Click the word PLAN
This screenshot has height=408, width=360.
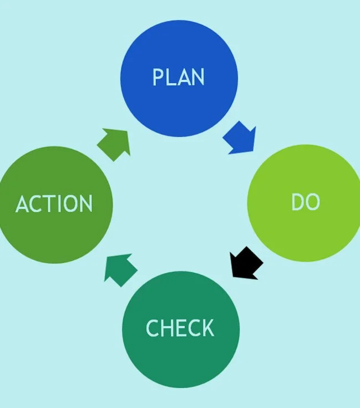tap(179, 77)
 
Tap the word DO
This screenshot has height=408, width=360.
tap(306, 202)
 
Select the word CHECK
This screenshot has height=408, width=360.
tap(180, 328)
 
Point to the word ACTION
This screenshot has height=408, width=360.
tap(54, 204)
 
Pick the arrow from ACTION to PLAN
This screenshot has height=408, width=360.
tap(115, 144)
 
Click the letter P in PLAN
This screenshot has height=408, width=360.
tap(158, 77)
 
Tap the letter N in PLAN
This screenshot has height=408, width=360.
tap(197, 77)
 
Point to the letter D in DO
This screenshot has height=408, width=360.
tap(298, 202)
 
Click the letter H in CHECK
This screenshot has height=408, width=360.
tap(167, 328)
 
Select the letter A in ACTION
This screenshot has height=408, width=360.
tap(22, 204)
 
